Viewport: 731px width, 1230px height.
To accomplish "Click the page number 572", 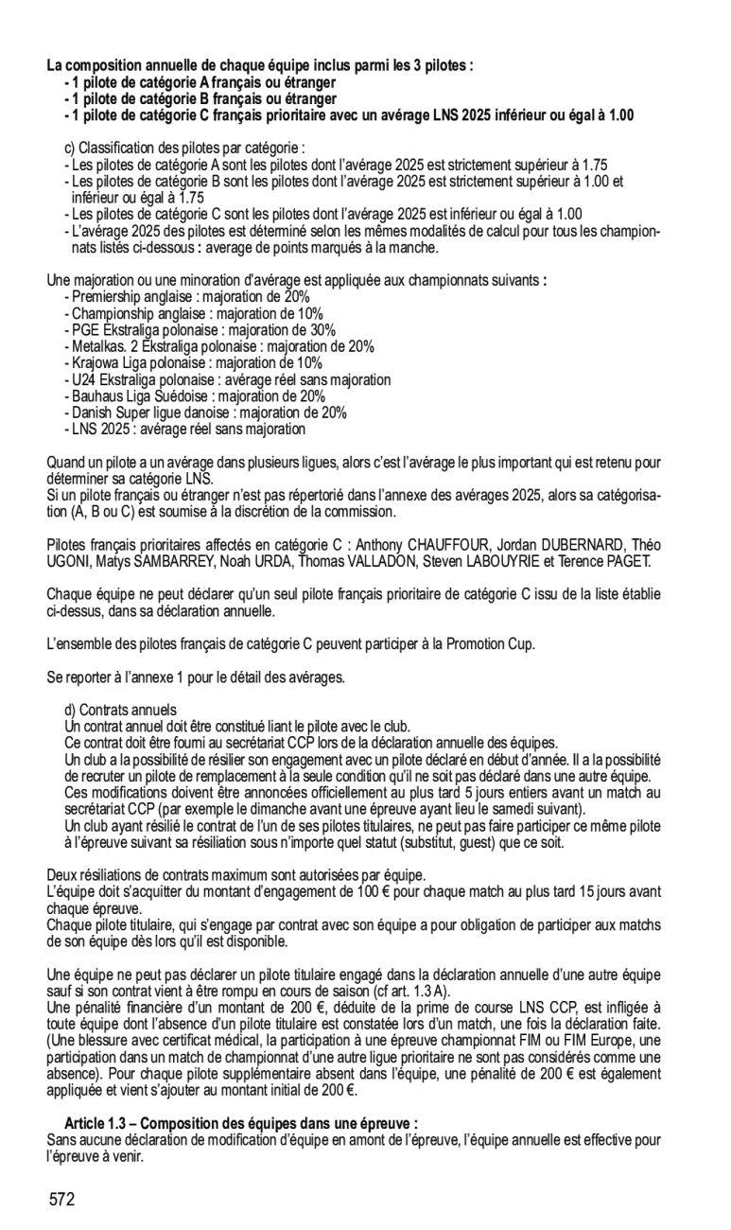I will [x=62, y=1200].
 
